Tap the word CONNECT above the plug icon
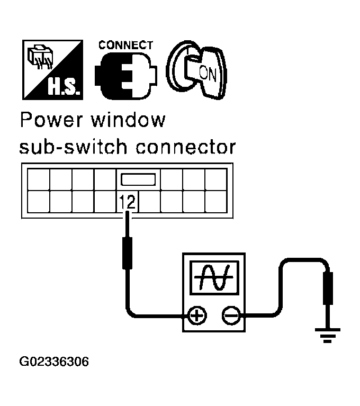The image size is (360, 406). [x=125, y=46]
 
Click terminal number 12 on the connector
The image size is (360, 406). [x=127, y=202]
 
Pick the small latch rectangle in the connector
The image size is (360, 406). [x=138, y=179]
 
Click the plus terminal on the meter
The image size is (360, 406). [x=196, y=317]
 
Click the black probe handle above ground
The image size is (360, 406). [x=328, y=288]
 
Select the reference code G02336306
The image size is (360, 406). [x=54, y=363]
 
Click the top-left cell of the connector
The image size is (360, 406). [x=38, y=179]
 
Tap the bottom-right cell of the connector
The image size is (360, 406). [x=215, y=201]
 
